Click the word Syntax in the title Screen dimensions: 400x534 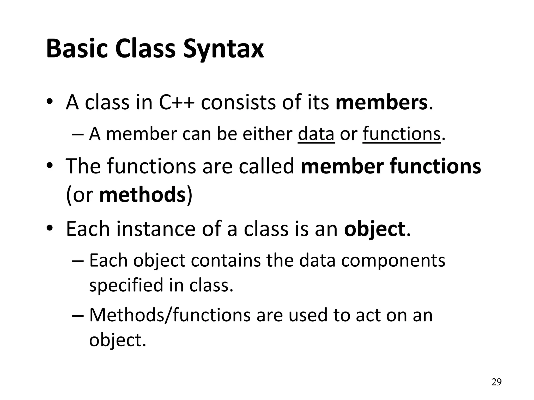click(x=223, y=49)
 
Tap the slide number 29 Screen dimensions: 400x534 click(x=496, y=382)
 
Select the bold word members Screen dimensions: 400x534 click(x=381, y=103)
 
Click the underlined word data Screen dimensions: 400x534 click(x=316, y=134)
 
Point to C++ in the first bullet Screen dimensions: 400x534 click(x=177, y=103)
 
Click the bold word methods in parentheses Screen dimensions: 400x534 click(x=142, y=195)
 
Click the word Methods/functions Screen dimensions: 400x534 click(x=170, y=315)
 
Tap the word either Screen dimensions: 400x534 click(x=268, y=134)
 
